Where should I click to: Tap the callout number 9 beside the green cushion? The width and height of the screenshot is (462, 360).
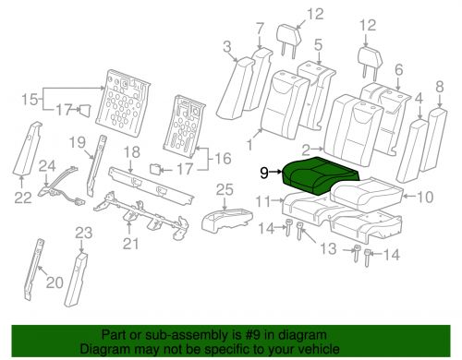(x=264, y=171)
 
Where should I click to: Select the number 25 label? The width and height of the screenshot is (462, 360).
(x=222, y=189)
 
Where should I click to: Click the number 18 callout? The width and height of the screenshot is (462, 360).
(x=132, y=151)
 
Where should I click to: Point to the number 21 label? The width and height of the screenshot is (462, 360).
(x=130, y=243)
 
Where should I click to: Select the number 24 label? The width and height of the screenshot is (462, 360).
(x=43, y=165)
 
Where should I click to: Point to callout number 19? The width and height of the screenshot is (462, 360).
(x=79, y=141)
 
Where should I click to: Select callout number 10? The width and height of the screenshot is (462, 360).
(x=425, y=196)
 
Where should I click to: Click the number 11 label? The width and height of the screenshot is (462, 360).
(x=262, y=201)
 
